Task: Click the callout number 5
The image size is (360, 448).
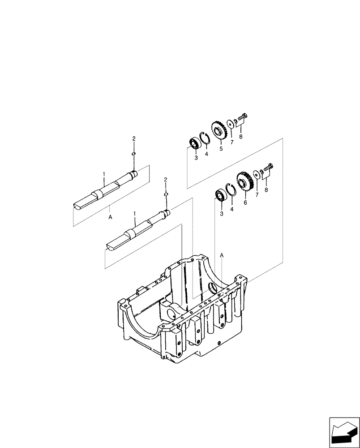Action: [221, 149]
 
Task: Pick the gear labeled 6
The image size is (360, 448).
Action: [243, 182]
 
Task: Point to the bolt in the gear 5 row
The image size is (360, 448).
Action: [241, 117]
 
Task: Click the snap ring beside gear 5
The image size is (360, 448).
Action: [206, 138]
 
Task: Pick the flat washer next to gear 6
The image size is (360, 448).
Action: [256, 174]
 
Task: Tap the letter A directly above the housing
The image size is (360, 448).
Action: [221, 254]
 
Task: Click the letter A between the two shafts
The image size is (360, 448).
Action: [110, 216]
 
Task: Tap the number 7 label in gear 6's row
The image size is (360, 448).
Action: [257, 195]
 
